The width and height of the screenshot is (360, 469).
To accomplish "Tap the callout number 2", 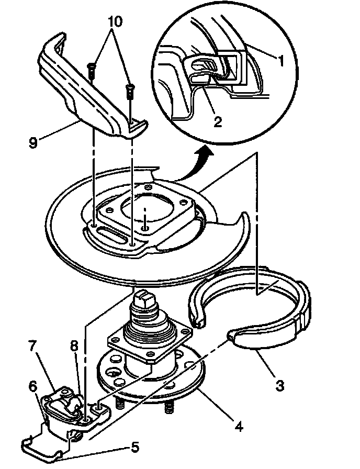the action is [217, 121].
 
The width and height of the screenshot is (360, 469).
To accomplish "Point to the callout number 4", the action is [238, 426].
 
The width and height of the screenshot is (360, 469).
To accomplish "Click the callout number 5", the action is [134, 448].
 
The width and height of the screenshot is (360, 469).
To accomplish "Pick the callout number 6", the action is [32, 386].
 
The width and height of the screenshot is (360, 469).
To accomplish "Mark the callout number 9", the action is [33, 142].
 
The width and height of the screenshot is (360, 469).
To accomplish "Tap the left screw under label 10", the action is [91, 71].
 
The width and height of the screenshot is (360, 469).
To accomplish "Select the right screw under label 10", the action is [130, 92].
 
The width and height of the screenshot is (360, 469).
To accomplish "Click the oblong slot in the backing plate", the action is [112, 236].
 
